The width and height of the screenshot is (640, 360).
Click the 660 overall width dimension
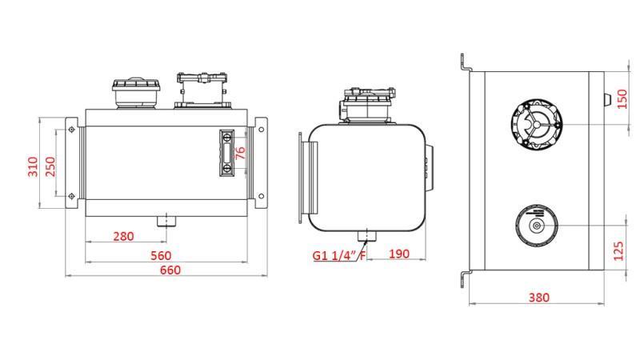click(x=170, y=270)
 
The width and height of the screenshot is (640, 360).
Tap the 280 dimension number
click(x=123, y=236)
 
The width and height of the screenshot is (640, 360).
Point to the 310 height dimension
click(x=33, y=166)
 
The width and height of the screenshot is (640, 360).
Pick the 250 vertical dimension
click(x=50, y=166)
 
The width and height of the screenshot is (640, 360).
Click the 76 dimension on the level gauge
click(x=240, y=153)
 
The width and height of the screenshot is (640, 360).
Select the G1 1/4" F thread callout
click(x=339, y=256)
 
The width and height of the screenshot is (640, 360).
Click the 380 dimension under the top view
click(x=538, y=298)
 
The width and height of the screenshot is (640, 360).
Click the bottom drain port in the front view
click(x=166, y=220)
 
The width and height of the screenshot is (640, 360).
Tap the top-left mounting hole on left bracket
click(x=72, y=130)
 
